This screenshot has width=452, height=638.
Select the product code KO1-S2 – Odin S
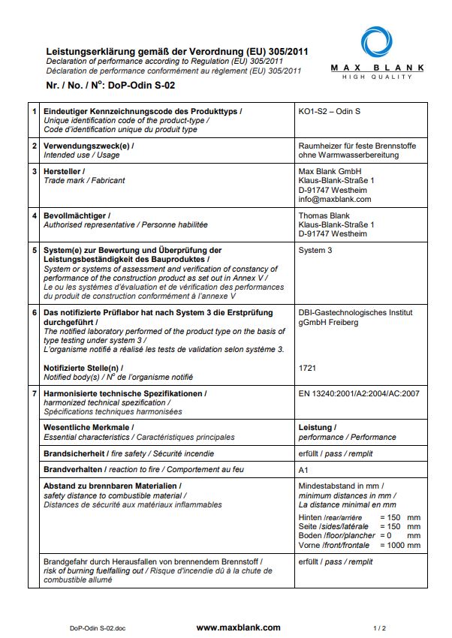tap(330, 112)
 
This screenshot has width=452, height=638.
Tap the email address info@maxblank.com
tap(335, 200)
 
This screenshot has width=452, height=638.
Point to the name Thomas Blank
tap(324, 215)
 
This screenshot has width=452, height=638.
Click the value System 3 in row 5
tap(315, 250)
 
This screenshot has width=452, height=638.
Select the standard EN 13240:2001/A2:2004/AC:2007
tap(359, 393)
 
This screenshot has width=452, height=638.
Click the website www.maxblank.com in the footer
tap(238, 627)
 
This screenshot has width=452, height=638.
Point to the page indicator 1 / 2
tap(379, 627)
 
